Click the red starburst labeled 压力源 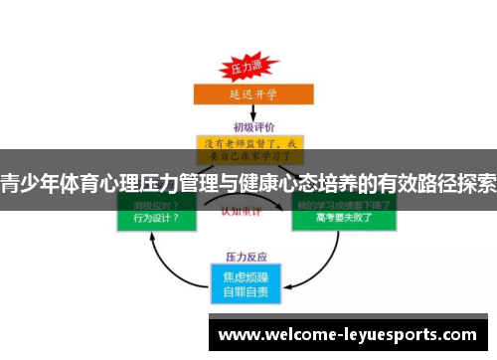[x=246, y=69]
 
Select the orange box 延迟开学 [x=248, y=96]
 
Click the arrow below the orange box [x=248, y=113]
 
